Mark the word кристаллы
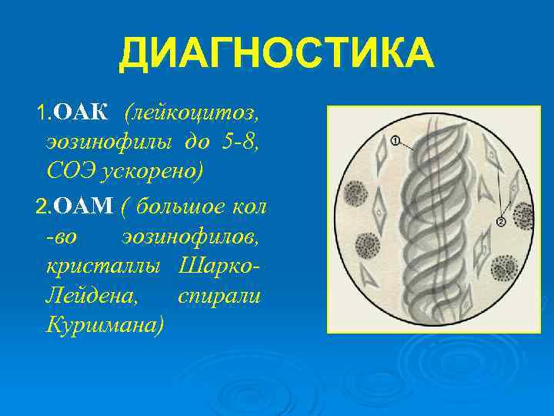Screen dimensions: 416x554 click(x=103, y=265)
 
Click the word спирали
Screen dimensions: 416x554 click(x=220, y=294)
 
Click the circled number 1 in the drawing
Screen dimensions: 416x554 click(x=395, y=141)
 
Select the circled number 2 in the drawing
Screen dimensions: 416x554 click(x=500, y=222)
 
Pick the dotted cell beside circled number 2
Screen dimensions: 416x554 click(x=523, y=215)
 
